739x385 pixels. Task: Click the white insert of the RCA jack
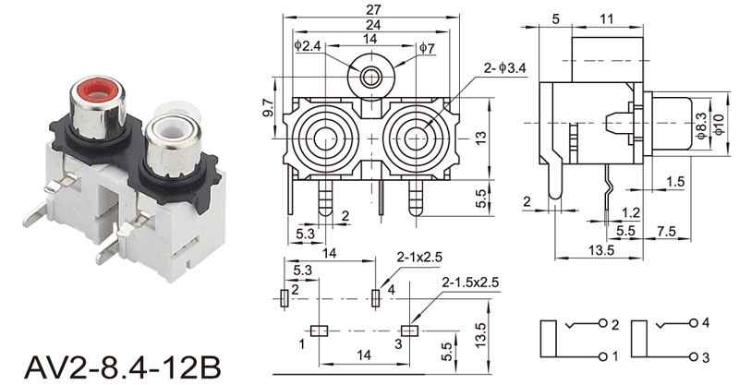[x=169, y=127]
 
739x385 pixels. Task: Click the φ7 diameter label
[x=427, y=47]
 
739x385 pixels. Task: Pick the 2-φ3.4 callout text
[x=503, y=67]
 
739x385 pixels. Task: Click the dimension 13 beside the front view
[x=480, y=137]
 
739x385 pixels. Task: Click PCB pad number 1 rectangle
[x=319, y=330]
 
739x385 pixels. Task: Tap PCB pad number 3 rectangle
[x=409, y=330]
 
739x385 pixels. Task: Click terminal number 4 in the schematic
[x=705, y=323]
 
